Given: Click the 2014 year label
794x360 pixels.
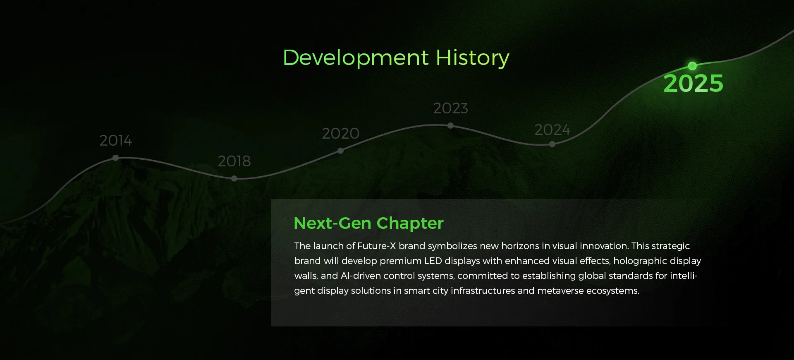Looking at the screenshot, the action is click(x=116, y=141).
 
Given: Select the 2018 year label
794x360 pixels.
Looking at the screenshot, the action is click(x=234, y=161).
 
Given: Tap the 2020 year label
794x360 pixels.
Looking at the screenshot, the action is click(x=340, y=133).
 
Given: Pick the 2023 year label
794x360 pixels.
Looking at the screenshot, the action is click(x=450, y=108).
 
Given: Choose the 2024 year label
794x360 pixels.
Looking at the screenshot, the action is click(x=552, y=130).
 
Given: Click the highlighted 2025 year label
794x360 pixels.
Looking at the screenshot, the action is click(x=694, y=83).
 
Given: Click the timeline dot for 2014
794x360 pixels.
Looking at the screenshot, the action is click(x=115, y=158).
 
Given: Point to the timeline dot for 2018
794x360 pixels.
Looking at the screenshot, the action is click(x=234, y=178).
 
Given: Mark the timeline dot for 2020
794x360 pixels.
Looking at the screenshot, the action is click(x=340, y=151).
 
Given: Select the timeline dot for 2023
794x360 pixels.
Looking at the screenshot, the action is click(x=450, y=125).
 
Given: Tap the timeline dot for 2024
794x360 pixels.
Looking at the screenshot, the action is click(x=552, y=144).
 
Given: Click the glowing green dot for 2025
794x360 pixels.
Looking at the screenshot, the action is click(x=692, y=66).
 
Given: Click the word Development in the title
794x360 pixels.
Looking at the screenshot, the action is click(x=356, y=58).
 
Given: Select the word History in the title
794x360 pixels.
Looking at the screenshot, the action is click(x=473, y=58).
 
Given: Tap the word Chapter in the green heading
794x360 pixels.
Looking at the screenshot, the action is click(x=410, y=223).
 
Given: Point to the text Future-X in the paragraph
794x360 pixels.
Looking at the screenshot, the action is click(x=376, y=246).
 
